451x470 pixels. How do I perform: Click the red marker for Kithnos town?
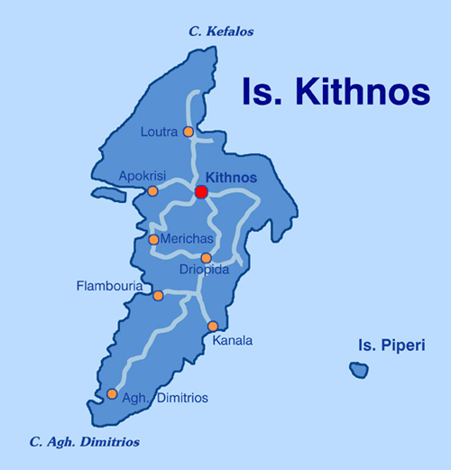point(201,192)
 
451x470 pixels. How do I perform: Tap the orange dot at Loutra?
point(189,132)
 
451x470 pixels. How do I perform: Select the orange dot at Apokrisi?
point(152,191)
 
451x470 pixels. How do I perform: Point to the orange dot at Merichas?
point(153,240)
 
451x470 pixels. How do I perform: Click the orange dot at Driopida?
point(206,258)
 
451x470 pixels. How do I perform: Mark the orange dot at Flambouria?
point(158,296)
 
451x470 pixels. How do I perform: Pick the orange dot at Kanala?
point(213,327)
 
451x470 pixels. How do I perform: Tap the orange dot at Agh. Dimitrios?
point(112,394)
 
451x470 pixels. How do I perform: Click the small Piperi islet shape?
point(359,370)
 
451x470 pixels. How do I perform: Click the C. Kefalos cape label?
point(221,32)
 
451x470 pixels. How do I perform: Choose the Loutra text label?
point(159,133)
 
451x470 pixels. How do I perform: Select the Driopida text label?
point(205,271)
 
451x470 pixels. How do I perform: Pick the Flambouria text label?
point(108,288)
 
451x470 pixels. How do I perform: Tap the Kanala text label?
point(233,341)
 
